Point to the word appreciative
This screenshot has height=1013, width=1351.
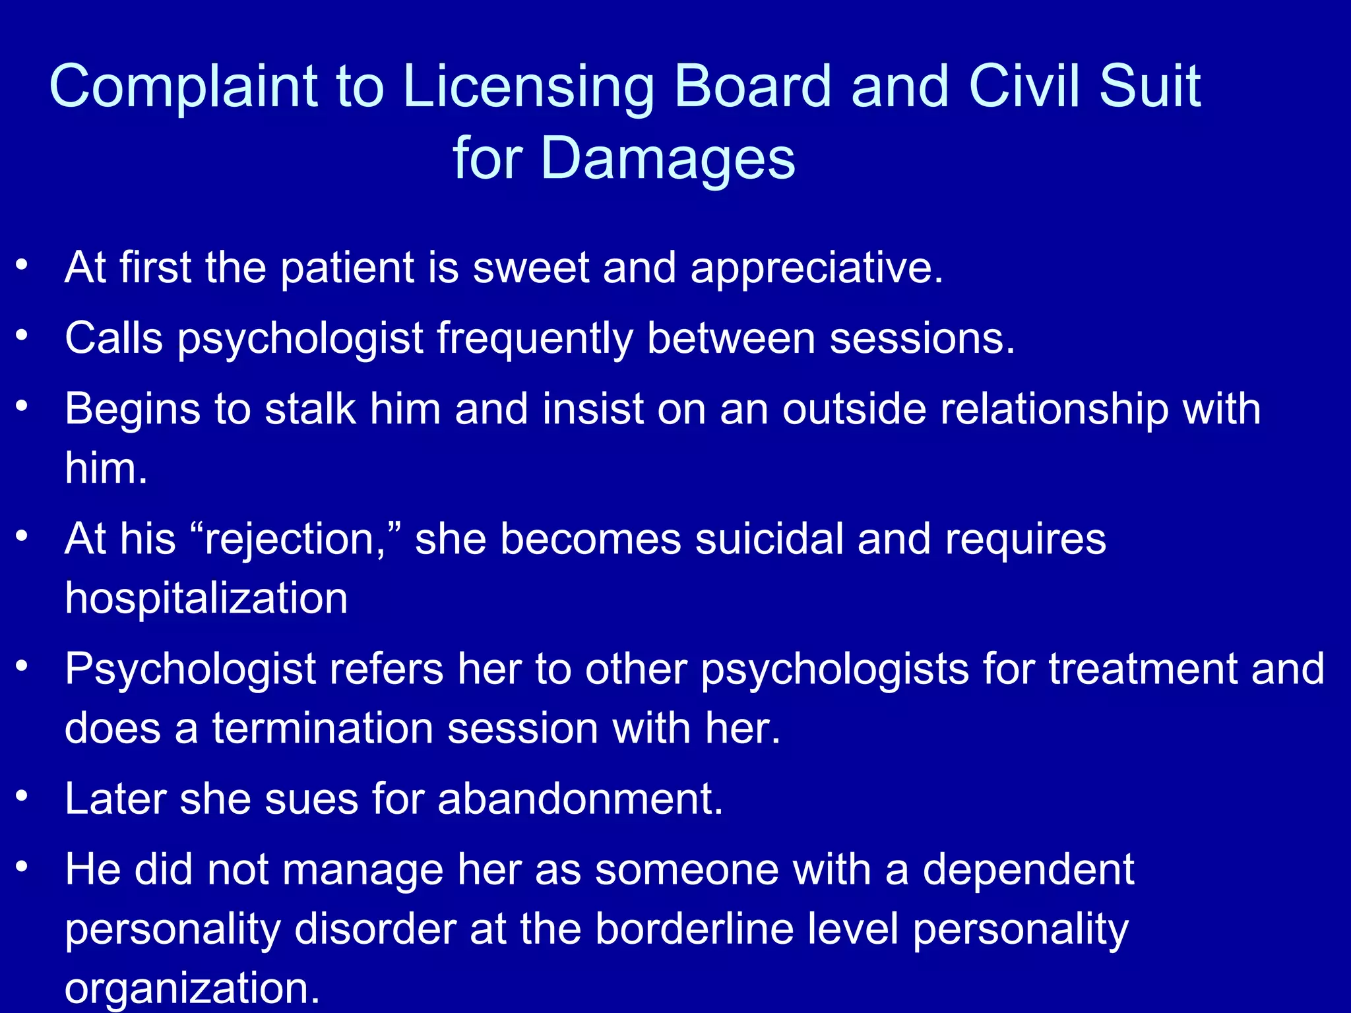pos(816,269)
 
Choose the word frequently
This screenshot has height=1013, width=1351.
pos(534,339)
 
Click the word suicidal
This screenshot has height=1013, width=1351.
pos(770,539)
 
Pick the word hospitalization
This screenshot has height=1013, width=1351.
pos(206,598)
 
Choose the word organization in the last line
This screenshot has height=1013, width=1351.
pos(192,987)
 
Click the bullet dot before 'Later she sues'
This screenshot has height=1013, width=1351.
pos(22,797)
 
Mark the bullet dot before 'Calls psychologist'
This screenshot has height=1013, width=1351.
pos(22,336)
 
